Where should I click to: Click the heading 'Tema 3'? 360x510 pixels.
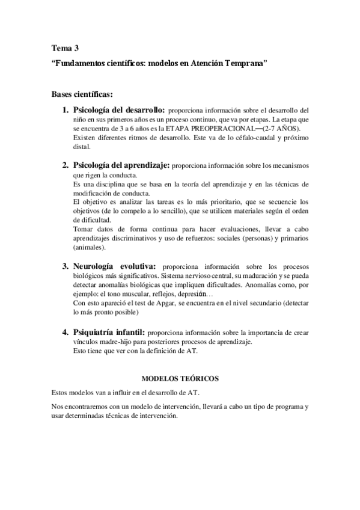tap(65, 48)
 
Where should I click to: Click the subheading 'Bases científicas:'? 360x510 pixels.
tap(82, 94)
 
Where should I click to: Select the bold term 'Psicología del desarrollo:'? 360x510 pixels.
tap(119, 111)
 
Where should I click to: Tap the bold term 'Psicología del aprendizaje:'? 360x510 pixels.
tap(122, 165)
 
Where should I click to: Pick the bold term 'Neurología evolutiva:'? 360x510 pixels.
tap(114, 266)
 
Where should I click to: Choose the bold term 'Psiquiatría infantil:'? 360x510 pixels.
tap(109, 332)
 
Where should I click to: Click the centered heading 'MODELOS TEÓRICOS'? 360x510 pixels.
tap(179, 379)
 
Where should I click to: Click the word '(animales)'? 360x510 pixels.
tap(89, 247)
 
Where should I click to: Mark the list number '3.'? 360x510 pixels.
tap(66, 266)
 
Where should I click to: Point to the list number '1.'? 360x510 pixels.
tap(66, 111)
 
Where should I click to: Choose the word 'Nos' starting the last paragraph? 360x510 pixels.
tap(58, 407)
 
